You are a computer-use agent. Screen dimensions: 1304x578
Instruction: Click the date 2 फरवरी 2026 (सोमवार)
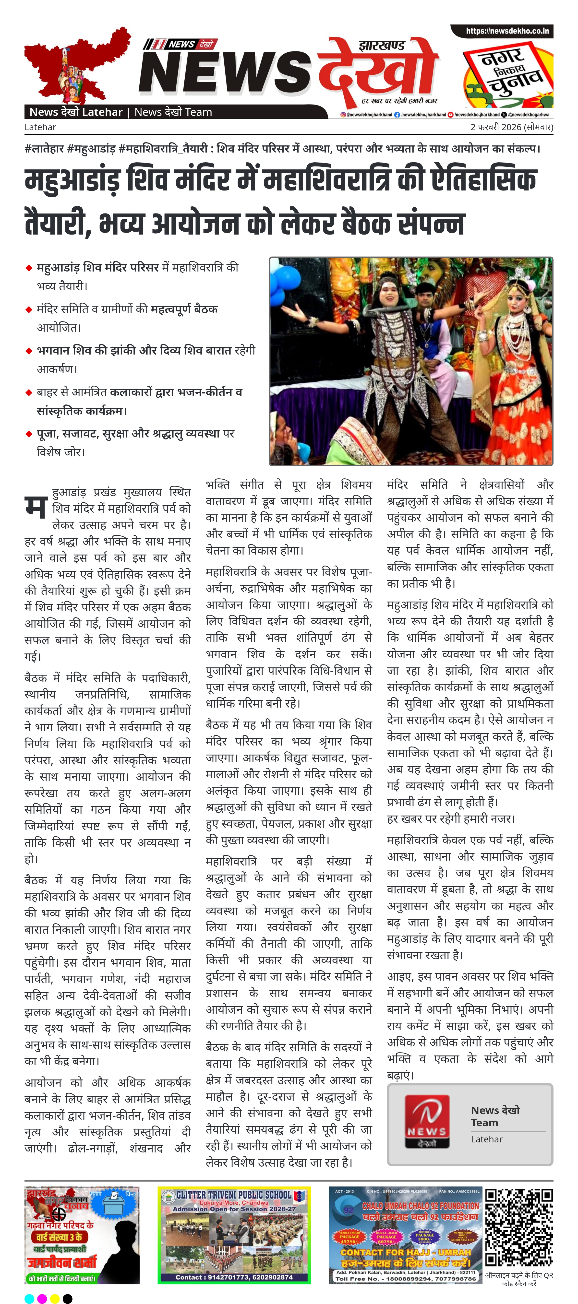(x=512, y=127)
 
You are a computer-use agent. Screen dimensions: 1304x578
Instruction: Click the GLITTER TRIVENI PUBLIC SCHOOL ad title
(x=234, y=1195)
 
